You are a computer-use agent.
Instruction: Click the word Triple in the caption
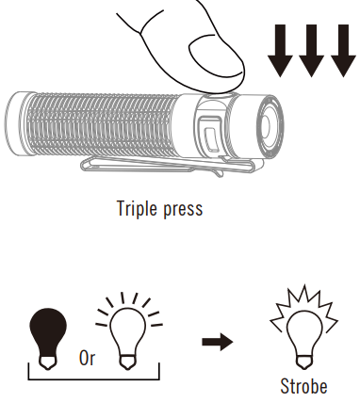click(138, 207)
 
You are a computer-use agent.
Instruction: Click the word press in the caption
click(183, 208)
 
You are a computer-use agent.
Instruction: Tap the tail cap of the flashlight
click(16, 121)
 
